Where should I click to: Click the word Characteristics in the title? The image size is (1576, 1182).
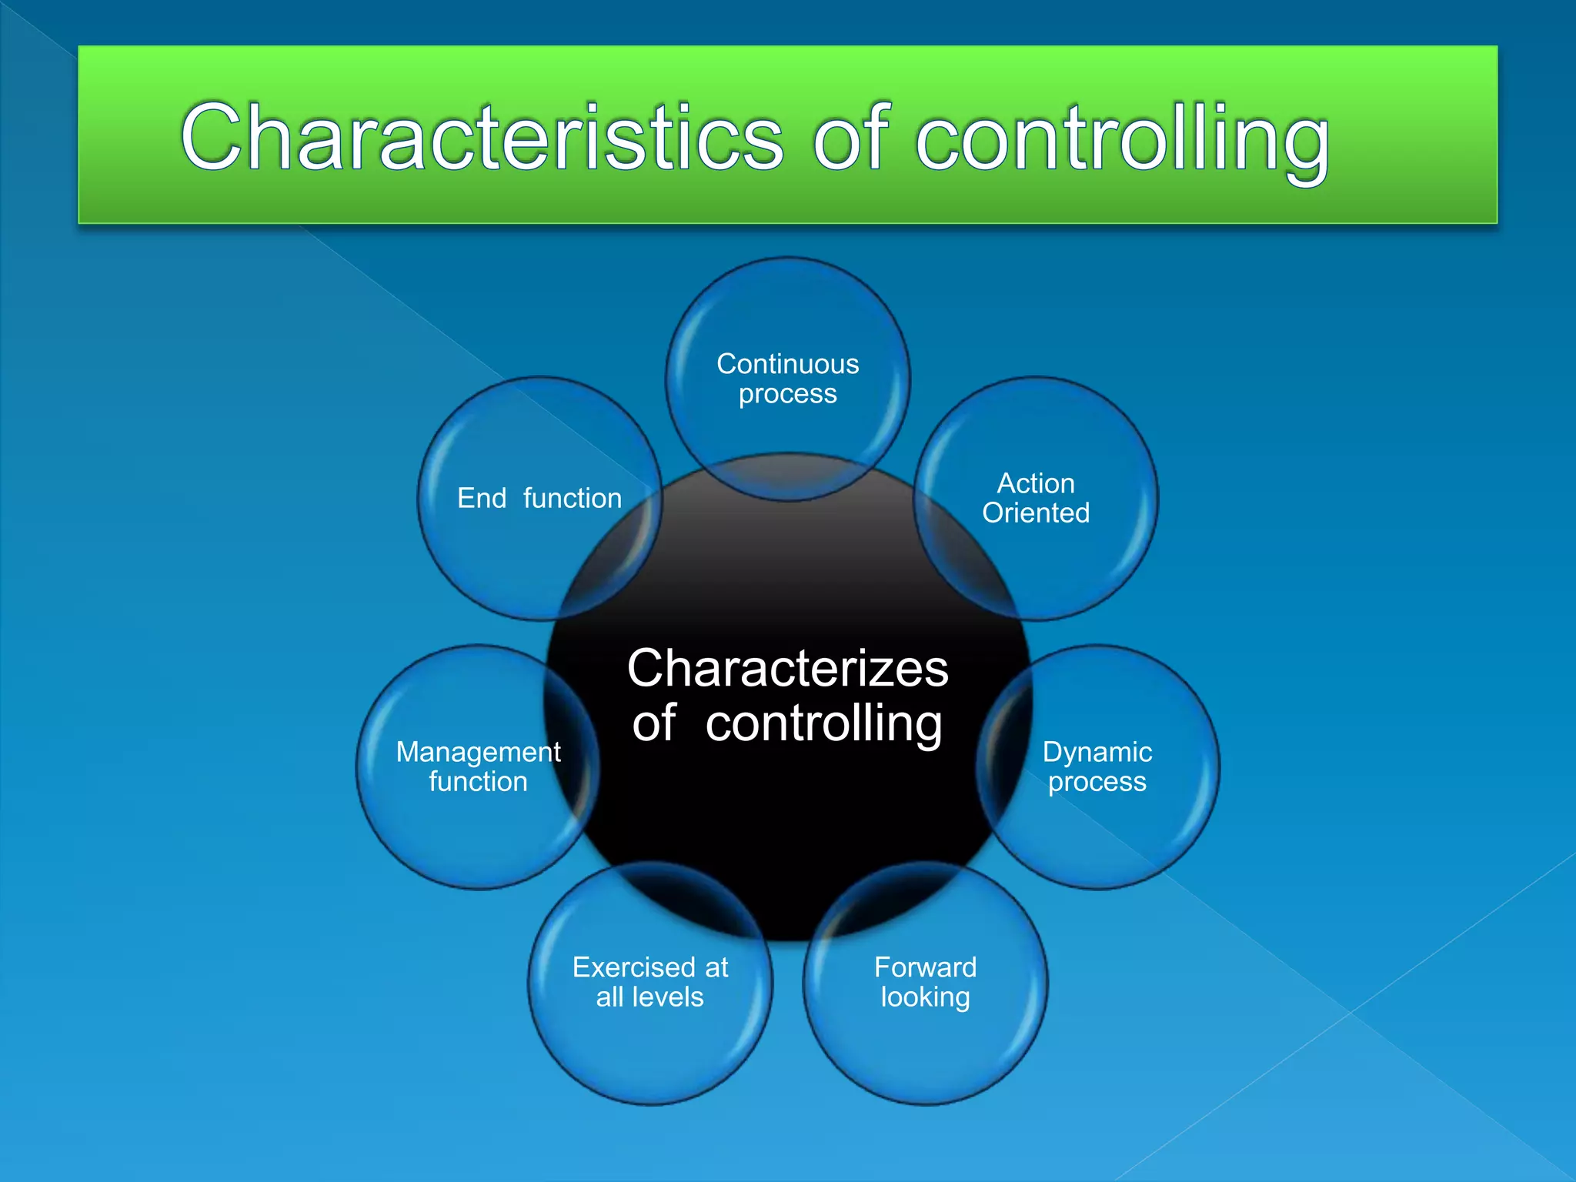click(x=482, y=139)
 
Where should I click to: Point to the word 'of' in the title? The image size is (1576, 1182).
click(x=850, y=139)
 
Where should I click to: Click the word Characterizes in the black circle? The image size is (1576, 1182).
click(x=787, y=668)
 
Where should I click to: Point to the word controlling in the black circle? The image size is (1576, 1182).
click(x=823, y=724)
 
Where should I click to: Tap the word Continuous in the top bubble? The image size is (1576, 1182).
click(x=787, y=364)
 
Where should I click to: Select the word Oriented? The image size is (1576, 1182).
click(x=1036, y=513)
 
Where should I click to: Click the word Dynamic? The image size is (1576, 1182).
click(x=1097, y=752)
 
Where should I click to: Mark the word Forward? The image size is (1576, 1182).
click(x=925, y=967)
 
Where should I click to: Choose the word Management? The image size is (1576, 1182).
click(x=478, y=752)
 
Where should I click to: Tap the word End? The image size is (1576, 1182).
click(x=482, y=498)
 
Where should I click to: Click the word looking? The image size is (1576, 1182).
click(x=925, y=997)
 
